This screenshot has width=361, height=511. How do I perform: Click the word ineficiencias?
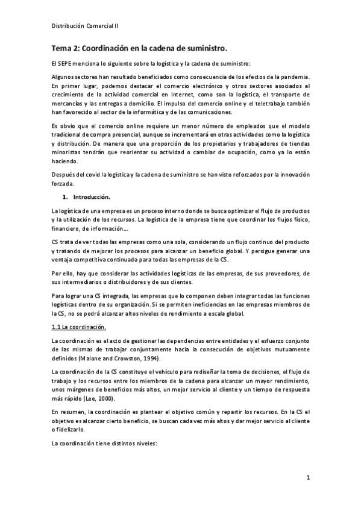202,305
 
